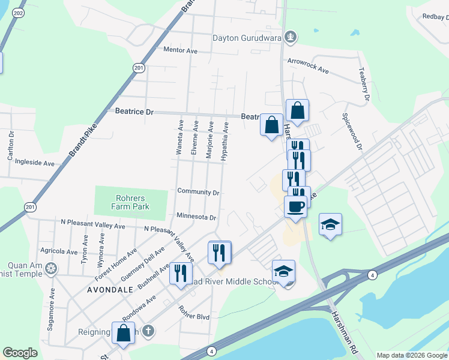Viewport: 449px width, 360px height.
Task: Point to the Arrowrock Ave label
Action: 308,66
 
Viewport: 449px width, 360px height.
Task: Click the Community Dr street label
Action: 198,192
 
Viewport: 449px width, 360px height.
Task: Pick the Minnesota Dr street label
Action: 196,217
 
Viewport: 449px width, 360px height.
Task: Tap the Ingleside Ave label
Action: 34,163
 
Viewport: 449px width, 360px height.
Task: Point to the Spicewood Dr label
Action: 352,131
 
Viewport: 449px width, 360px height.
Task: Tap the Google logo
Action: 20,353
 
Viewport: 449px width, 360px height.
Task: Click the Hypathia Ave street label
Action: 225,141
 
